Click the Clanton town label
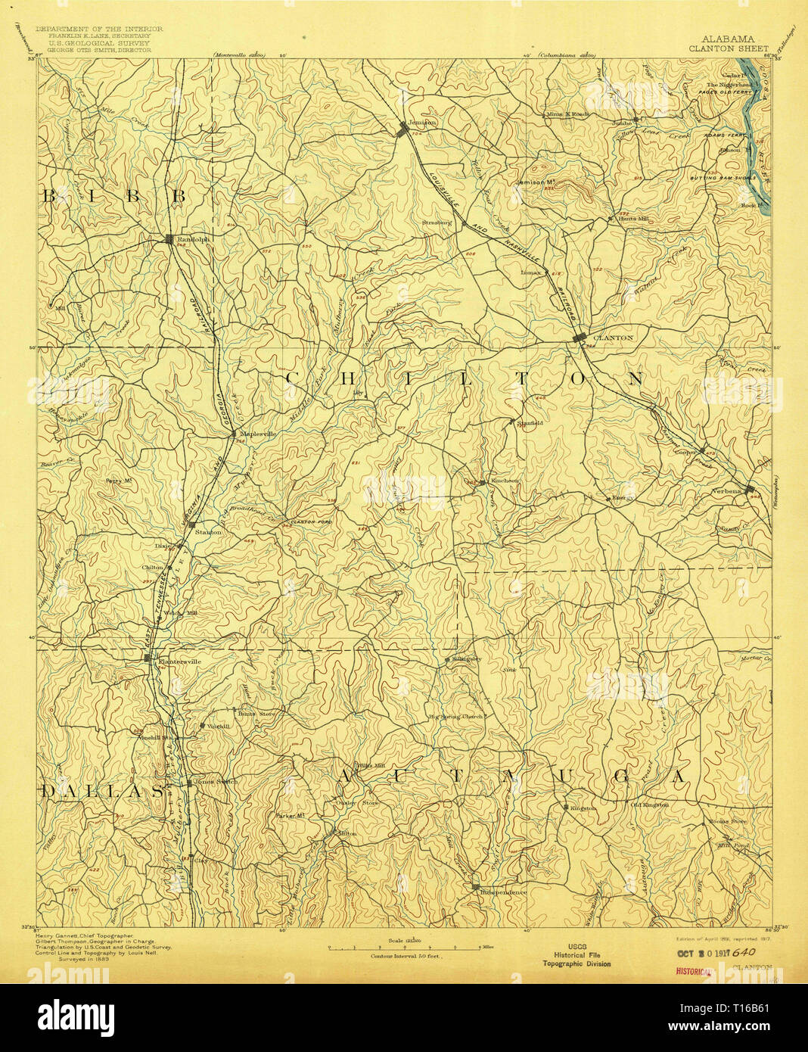point(613,338)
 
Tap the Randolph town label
point(191,240)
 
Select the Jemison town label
point(423,123)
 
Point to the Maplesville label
point(257,434)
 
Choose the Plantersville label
point(179,661)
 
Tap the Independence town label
point(503,892)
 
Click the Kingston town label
point(583,808)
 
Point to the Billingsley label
point(466,659)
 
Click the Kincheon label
point(505,481)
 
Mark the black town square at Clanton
point(580,338)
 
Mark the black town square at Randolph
point(169,240)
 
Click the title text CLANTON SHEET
point(728,48)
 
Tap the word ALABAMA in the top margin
point(727,39)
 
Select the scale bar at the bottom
point(404,948)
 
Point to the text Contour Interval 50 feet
point(405,957)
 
